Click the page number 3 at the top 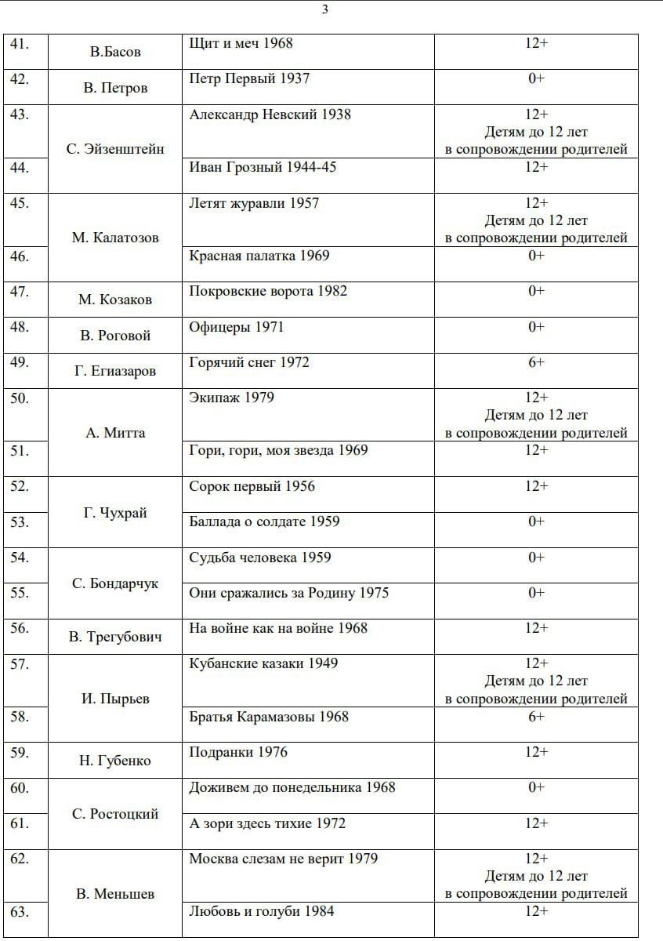tap(325, 9)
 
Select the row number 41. tap(20, 44)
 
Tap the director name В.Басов tap(115, 53)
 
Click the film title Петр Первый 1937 tap(249, 79)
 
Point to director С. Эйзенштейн tap(115, 149)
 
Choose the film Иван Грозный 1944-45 tap(263, 167)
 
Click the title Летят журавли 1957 tap(254, 204)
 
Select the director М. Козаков tap(115, 300)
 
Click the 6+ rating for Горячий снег tap(536, 362)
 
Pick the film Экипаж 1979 tap(231, 398)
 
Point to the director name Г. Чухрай tap(115, 514)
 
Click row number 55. tap(20, 593)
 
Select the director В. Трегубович tap(115, 637)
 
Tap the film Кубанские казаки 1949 tap(263, 663)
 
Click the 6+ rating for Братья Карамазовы tap(536, 717)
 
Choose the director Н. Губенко tap(115, 761)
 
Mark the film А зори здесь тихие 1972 tap(266, 823)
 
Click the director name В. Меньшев tap(115, 894)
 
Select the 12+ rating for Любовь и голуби tap(536, 911)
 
